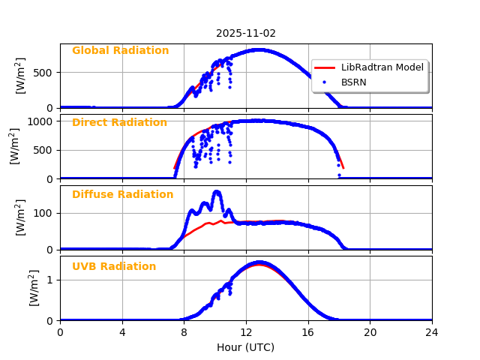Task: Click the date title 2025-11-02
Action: pos(246,34)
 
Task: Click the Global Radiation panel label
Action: pos(120,51)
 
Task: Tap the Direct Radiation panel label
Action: pos(119,123)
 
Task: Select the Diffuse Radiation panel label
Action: pos(122,195)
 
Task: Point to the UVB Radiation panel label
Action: pos(114,267)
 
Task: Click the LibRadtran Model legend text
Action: pos(382,67)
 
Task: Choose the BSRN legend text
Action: pos(354,82)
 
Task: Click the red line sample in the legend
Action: pos(326,67)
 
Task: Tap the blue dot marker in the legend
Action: pos(326,82)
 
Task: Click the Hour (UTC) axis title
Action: pos(246,348)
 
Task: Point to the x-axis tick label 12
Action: pos(246,332)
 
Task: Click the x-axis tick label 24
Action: pos(432,332)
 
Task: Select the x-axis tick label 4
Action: pos(122,332)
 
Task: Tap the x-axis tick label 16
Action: pos(308,332)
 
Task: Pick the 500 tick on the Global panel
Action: pos(44,73)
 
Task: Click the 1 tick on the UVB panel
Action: pos(50,280)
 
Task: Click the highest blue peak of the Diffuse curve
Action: pos(217,192)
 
